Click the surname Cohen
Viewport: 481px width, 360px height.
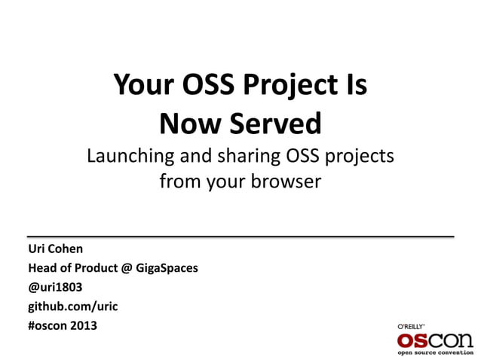[x=66, y=249]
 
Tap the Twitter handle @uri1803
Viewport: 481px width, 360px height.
[x=55, y=288]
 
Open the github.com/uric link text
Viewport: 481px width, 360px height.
[x=72, y=307]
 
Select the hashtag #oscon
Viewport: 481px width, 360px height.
[x=48, y=326]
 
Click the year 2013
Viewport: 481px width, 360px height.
[x=84, y=326]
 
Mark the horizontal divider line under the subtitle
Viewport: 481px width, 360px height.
[x=240, y=236]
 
